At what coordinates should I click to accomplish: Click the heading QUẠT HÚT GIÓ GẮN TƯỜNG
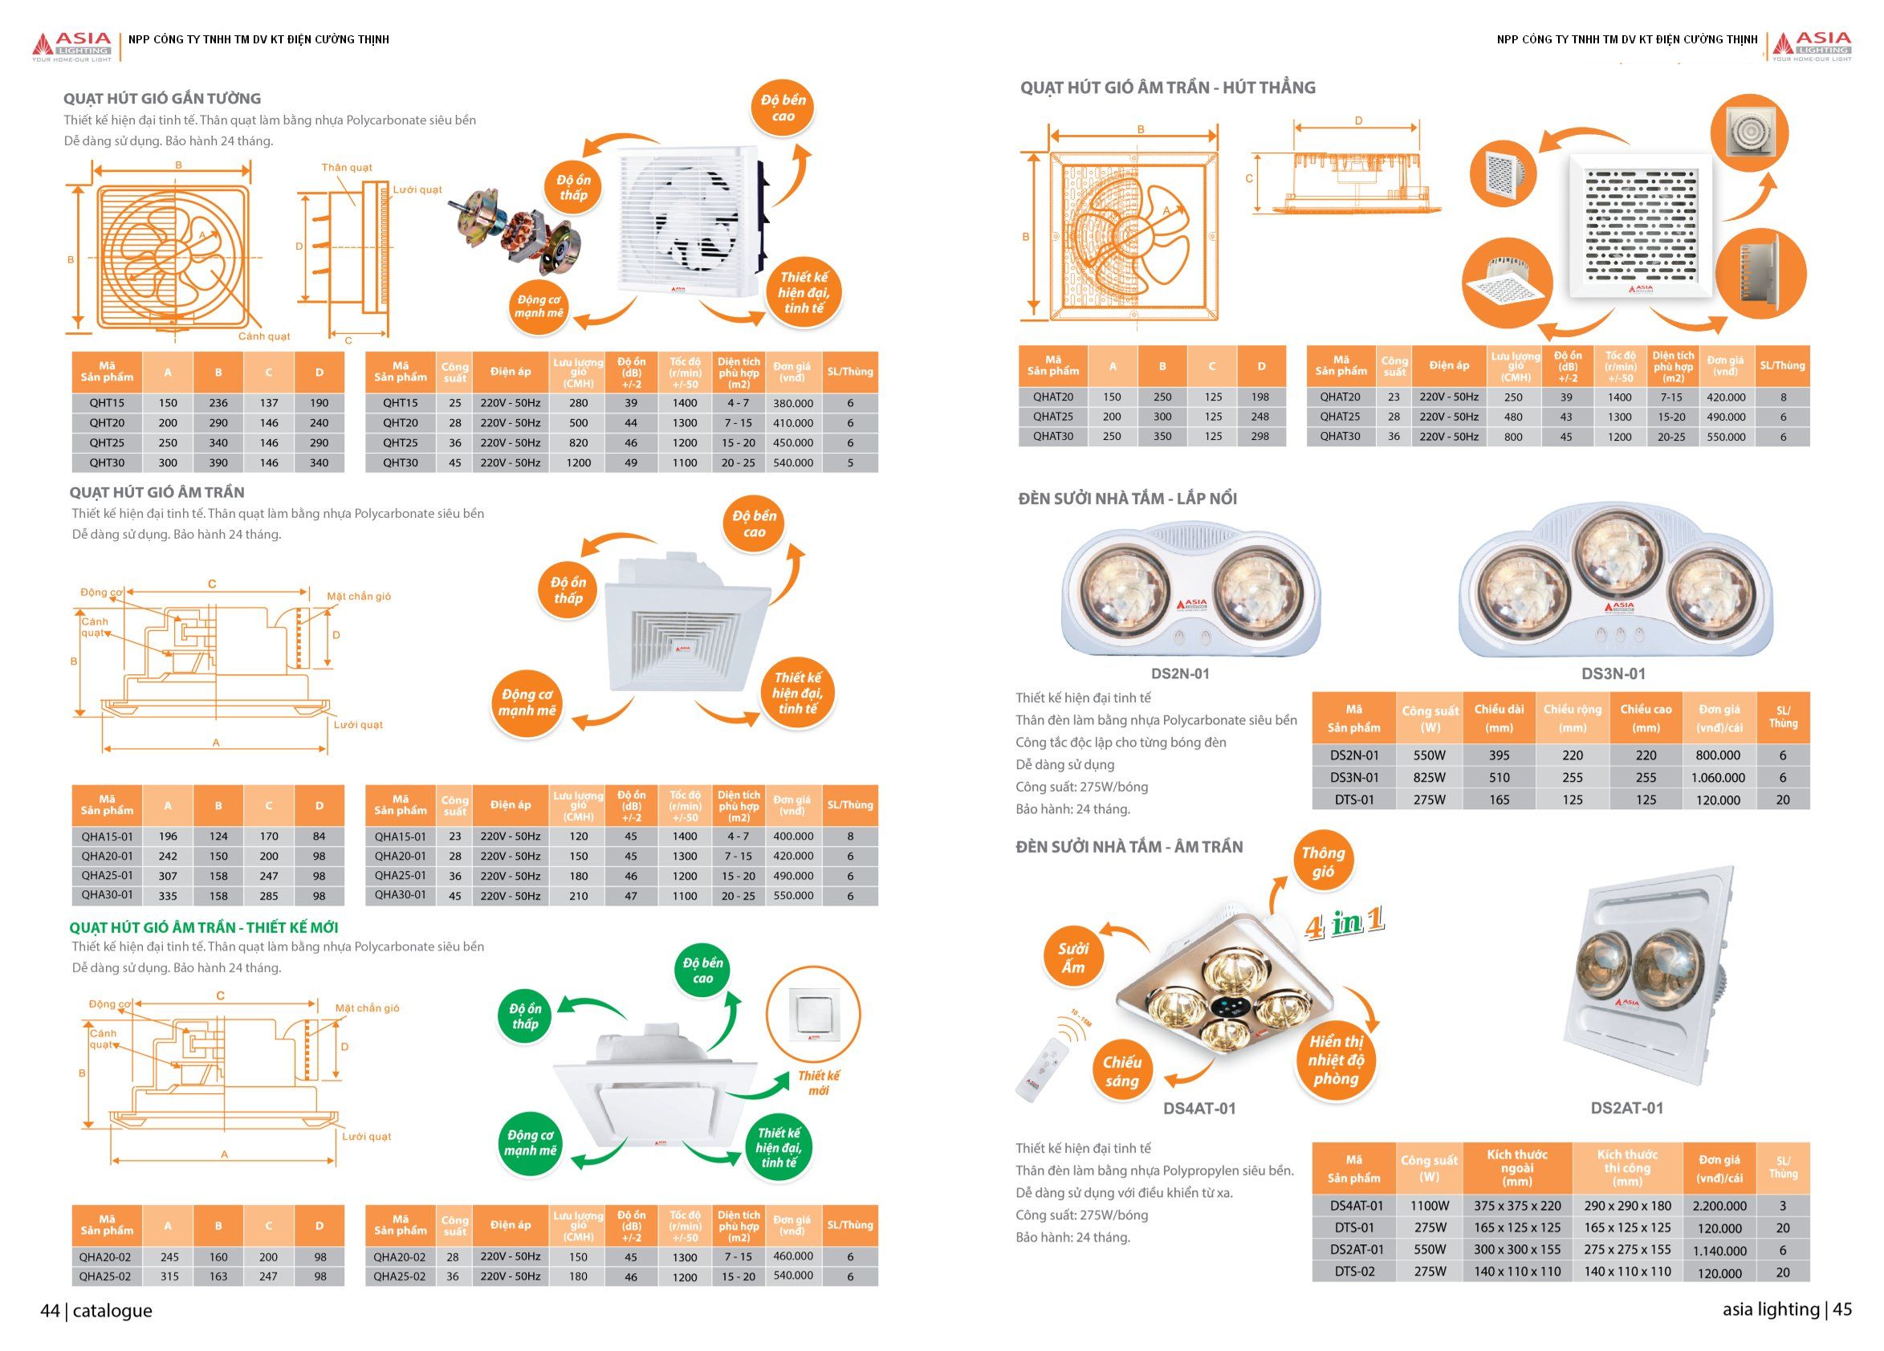(x=162, y=98)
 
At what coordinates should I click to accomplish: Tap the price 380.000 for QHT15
(x=792, y=403)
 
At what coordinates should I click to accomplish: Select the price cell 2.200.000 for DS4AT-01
(x=1719, y=1206)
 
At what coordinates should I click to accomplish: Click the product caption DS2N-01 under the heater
(x=1179, y=673)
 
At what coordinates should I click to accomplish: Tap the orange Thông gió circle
(x=1322, y=861)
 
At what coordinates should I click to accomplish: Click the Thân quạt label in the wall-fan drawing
(x=348, y=168)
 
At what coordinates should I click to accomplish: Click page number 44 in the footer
(x=50, y=1310)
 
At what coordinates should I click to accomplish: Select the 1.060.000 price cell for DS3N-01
(x=1718, y=778)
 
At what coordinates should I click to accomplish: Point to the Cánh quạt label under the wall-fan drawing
(x=264, y=336)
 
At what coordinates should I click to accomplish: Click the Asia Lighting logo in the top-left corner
(x=71, y=47)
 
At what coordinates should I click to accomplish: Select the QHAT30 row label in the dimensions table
(x=1052, y=436)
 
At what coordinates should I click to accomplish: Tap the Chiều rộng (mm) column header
(x=1572, y=718)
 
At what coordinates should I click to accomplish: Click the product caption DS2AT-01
(x=1626, y=1109)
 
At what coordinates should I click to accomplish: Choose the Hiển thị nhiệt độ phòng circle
(x=1336, y=1060)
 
